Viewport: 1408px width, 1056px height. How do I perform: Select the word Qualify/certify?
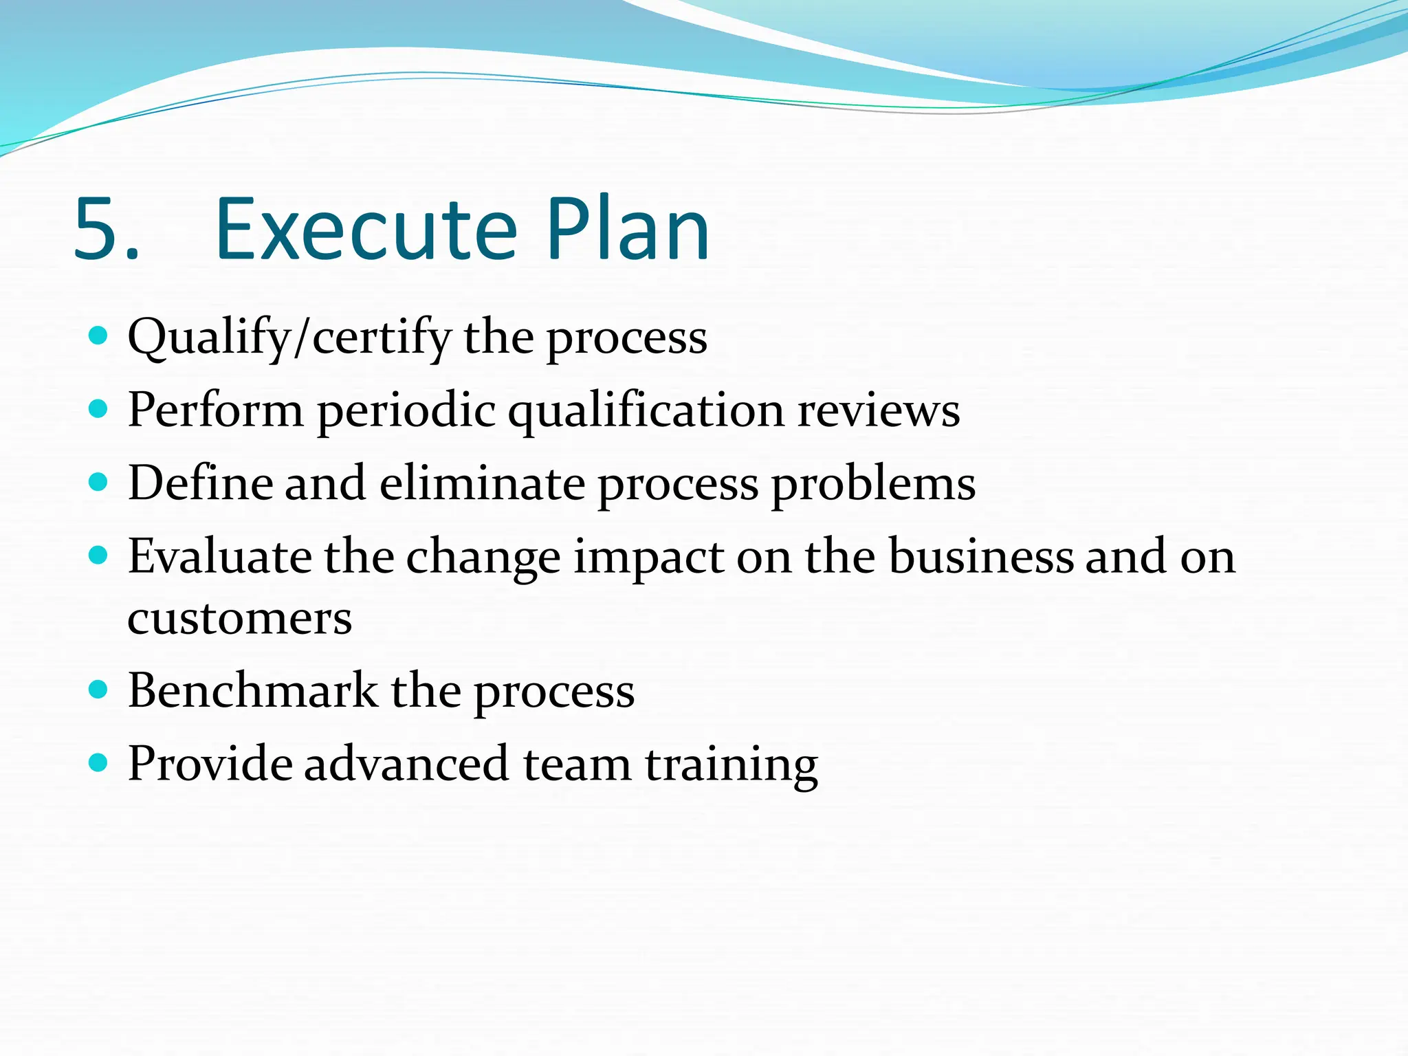pos(289,339)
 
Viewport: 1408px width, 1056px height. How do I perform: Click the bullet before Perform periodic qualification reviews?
pos(99,410)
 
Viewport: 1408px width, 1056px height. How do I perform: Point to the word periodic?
pos(406,412)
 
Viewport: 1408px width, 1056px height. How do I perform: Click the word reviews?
pos(878,410)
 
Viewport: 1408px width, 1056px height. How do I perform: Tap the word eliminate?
pos(482,483)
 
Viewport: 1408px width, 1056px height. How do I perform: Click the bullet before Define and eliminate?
pos(99,483)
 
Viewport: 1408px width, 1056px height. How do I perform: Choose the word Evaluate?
pos(219,556)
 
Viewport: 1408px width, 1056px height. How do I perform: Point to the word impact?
pos(648,558)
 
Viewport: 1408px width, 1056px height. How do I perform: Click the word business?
pos(981,556)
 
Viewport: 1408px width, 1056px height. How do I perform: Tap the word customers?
pos(239,618)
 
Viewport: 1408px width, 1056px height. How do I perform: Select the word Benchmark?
pos(252,690)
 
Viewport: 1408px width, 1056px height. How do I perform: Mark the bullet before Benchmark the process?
pos(99,690)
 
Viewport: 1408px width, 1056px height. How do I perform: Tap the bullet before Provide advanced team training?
pos(99,762)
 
